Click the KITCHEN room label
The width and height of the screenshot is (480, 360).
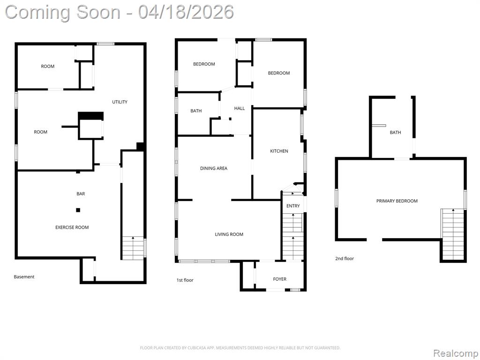pyautogui.click(x=279, y=151)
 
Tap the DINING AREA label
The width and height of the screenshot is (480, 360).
pyautogui.click(x=214, y=168)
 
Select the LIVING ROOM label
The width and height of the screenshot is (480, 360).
pyautogui.click(x=229, y=234)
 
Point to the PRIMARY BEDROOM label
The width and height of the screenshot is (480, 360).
pyautogui.click(x=397, y=201)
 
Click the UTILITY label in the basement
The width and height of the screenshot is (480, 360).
pyautogui.click(x=120, y=102)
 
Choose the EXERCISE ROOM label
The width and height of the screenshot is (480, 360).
pyautogui.click(x=72, y=227)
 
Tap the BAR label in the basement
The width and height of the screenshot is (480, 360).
pyautogui.click(x=81, y=194)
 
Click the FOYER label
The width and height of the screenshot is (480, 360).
pyautogui.click(x=280, y=279)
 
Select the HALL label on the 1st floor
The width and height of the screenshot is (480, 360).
pyautogui.click(x=240, y=108)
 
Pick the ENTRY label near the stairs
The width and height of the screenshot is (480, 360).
pyautogui.click(x=293, y=206)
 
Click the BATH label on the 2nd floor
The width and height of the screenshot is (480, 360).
pyautogui.click(x=395, y=133)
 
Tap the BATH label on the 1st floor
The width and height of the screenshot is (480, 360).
pyautogui.click(x=196, y=111)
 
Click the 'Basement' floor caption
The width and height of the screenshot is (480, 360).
pyautogui.click(x=24, y=277)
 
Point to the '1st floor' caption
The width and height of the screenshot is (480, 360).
pyautogui.click(x=185, y=280)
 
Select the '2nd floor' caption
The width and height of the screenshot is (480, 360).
pyautogui.click(x=345, y=258)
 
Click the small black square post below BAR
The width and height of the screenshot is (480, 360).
pyautogui.click(x=78, y=210)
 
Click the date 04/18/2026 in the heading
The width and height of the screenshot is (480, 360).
pyautogui.click(x=186, y=12)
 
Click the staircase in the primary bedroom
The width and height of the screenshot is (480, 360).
pyautogui.click(x=452, y=234)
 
